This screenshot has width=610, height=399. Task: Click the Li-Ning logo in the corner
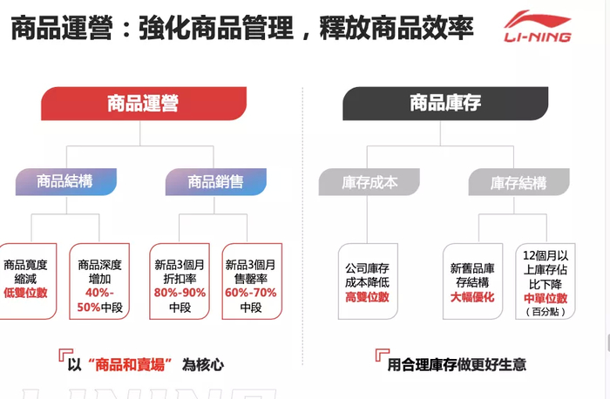point(539,26)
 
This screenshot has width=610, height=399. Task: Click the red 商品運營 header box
point(142,104)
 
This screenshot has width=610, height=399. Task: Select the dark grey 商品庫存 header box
point(445,104)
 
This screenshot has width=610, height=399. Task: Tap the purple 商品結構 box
point(64,182)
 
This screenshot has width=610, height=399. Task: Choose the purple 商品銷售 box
point(215,182)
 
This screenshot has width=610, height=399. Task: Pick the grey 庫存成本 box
point(369,183)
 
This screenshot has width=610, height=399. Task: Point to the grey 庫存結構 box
point(518,183)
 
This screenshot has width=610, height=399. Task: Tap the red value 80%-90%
point(180,293)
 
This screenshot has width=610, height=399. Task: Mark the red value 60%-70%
point(251,293)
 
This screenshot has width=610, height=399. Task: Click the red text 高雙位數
point(367,297)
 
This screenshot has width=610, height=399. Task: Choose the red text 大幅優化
point(472,297)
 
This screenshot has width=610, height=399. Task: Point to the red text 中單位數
point(546,298)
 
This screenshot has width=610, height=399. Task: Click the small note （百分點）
point(546,313)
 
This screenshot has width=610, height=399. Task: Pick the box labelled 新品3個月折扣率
point(180,279)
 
